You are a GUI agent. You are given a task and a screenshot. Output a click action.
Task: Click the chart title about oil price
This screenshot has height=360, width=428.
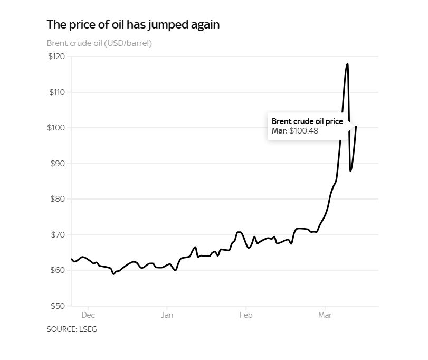coord(133,24)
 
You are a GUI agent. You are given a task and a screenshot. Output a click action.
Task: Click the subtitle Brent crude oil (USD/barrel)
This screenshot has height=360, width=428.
coord(99,43)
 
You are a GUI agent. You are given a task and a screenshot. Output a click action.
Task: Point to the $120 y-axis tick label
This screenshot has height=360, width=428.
coord(56,56)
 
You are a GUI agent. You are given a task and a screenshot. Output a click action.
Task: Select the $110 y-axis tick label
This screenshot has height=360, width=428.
coord(56,92)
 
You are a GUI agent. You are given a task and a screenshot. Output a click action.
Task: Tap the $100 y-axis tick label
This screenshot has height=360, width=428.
coord(56,128)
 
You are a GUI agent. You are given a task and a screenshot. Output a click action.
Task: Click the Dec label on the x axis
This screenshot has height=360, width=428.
coord(88,316)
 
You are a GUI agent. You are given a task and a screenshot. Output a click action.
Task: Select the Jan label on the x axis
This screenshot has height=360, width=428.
coord(167,316)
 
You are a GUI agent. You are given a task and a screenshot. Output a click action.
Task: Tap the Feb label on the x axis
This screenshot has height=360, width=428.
coord(246,316)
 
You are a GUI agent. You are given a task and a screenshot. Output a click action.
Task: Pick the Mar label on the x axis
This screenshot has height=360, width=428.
coord(325,316)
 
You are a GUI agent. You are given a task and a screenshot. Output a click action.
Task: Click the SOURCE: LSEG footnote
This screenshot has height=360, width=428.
coord(72,329)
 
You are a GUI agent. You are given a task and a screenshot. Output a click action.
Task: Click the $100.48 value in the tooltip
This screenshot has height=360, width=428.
coord(304,131)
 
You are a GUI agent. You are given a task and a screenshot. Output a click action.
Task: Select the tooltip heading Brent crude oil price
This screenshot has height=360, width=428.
coord(307,121)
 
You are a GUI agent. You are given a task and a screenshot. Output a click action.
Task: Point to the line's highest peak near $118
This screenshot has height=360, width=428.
coord(347,64)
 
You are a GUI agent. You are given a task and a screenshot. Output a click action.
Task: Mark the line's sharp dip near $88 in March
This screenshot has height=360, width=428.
coord(350,170)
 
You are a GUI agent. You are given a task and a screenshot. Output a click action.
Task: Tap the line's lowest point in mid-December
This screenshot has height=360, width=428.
coord(113,274)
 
